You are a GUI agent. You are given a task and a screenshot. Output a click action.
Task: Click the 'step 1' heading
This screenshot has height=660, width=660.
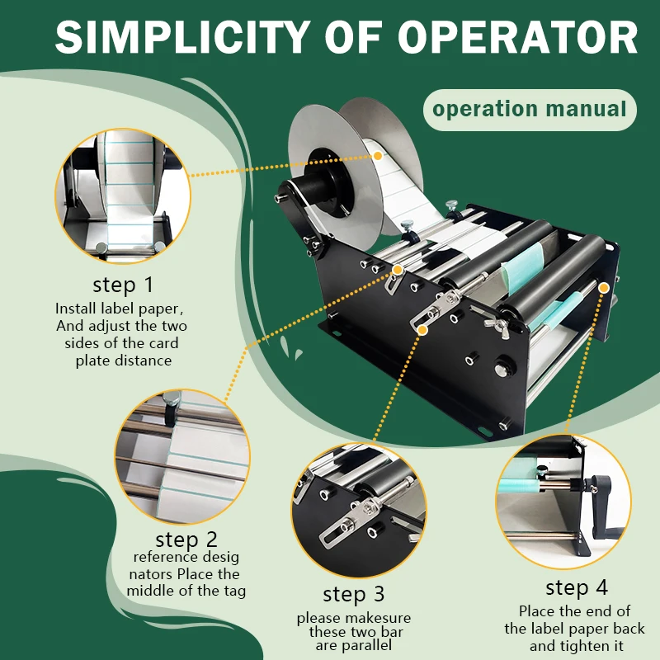(123, 285)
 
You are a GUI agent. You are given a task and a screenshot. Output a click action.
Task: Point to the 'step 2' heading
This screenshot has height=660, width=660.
(186, 540)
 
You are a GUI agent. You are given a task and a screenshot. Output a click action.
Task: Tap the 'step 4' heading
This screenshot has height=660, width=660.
(577, 588)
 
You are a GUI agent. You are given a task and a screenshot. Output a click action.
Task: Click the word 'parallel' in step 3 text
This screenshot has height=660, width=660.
(370, 648)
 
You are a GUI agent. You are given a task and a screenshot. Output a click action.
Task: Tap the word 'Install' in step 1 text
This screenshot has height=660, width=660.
(77, 308)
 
